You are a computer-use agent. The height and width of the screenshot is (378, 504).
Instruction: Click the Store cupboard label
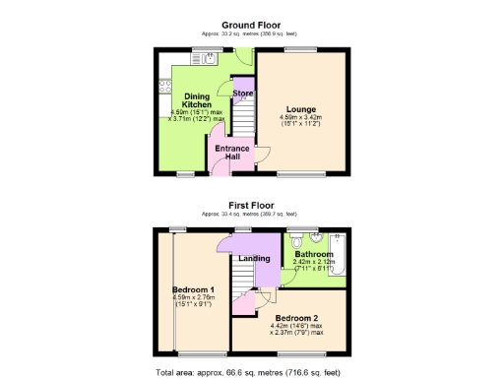click(x=242, y=94)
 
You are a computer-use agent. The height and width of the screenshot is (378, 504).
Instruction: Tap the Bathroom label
click(x=314, y=254)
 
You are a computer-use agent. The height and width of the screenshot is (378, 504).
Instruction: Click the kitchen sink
click(x=210, y=60)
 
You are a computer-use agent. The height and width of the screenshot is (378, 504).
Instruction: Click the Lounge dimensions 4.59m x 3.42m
click(x=300, y=122)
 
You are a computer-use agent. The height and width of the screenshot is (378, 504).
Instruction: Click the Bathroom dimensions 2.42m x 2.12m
click(x=314, y=264)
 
